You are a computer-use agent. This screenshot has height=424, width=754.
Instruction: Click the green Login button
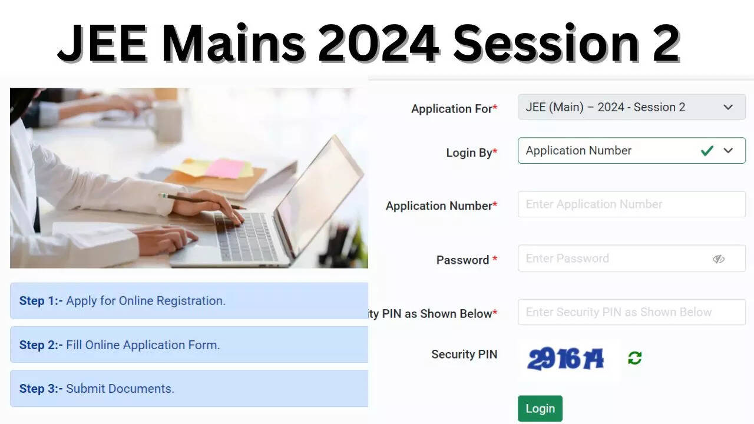pyautogui.click(x=540, y=409)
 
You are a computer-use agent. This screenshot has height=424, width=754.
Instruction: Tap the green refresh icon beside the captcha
pyautogui.click(x=634, y=358)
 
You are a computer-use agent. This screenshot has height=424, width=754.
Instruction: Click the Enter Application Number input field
pyautogui.click(x=631, y=204)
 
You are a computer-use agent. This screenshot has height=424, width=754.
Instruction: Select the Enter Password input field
pyautogui.click(x=613, y=259)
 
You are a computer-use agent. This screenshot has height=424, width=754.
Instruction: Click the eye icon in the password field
pyautogui.click(x=718, y=259)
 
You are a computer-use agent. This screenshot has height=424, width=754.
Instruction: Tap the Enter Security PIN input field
pyautogui.click(x=631, y=312)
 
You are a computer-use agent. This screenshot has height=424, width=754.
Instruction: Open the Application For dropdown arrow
pyautogui.click(x=728, y=107)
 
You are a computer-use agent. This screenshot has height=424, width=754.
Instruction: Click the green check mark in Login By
pyautogui.click(x=707, y=151)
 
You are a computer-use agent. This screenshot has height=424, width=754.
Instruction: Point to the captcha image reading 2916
pyautogui.click(x=565, y=358)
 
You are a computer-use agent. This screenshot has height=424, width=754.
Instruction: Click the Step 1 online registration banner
pyautogui.click(x=188, y=301)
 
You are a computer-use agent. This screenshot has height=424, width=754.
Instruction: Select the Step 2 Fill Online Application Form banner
pyautogui.click(x=188, y=345)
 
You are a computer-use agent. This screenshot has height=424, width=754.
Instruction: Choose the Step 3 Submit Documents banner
pyautogui.click(x=188, y=389)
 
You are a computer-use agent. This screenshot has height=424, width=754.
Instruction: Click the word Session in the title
pyautogui.click(x=545, y=44)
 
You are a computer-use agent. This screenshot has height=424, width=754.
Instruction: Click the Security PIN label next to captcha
pyautogui.click(x=464, y=355)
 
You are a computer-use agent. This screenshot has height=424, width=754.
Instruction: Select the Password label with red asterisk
pyautogui.click(x=467, y=260)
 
